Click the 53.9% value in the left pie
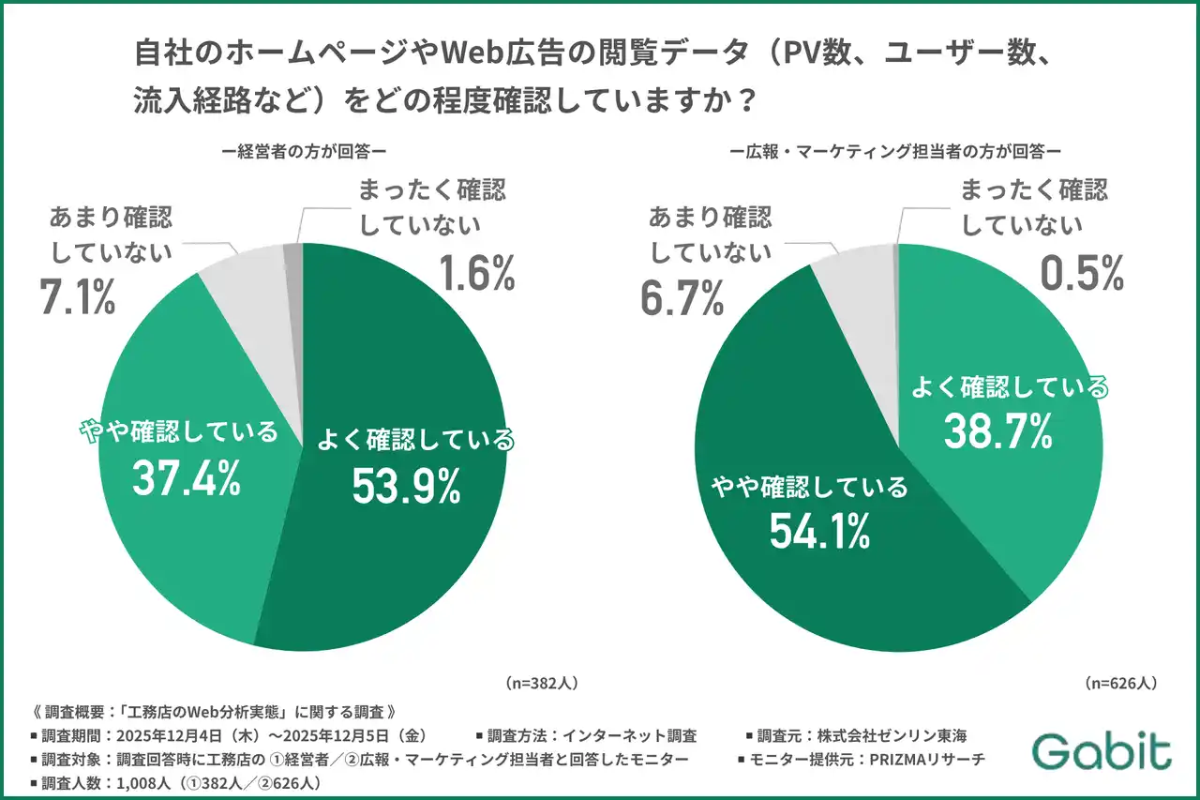(406, 485)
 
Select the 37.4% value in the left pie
(186, 478)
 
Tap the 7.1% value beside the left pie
(78, 296)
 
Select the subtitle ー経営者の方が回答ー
(305, 149)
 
